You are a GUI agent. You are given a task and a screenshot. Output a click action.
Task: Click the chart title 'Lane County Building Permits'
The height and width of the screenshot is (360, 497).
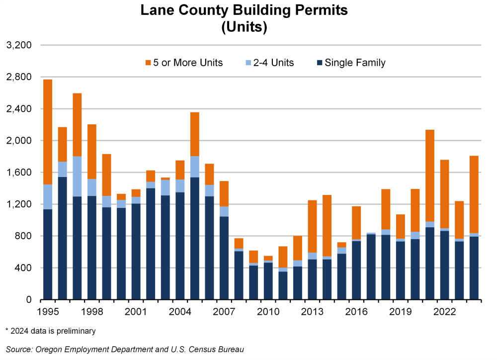pyautogui.click(x=244, y=10)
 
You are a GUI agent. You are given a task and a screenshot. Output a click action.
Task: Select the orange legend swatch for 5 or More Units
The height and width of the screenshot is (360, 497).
pyautogui.click(x=148, y=63)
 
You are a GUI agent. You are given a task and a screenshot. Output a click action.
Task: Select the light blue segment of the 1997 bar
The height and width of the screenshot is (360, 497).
pyautogui.click(x=77, y=176)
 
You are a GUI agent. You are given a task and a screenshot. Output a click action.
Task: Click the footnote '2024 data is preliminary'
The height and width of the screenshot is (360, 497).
pyautogui.click(x=50, y=331)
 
